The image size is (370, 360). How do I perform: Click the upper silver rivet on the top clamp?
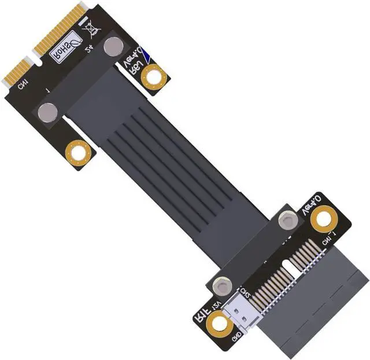pos(113,46)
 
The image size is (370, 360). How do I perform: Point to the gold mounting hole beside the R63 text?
pos(153,76)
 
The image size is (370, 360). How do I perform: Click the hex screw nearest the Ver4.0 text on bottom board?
pos(287,220)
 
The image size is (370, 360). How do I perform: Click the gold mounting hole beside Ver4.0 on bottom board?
pos(324,219)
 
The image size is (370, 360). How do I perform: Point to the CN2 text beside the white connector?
pos(245,292)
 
